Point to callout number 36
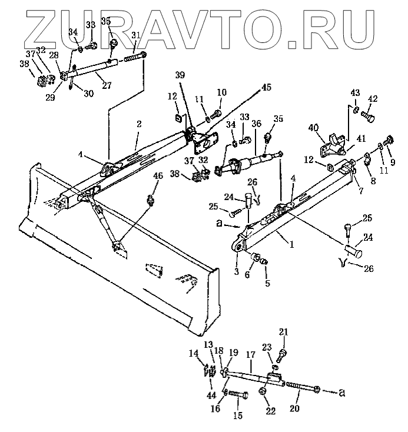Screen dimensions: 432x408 (x=256, y=124)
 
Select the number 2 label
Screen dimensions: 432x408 (x=140, y=124)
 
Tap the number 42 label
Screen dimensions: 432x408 (x=373, y=98)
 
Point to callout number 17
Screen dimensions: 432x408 (x=250, y=355)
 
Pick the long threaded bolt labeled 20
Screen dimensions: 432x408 (x=302, y=387)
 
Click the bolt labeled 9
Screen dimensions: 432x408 (x=388, y=141)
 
